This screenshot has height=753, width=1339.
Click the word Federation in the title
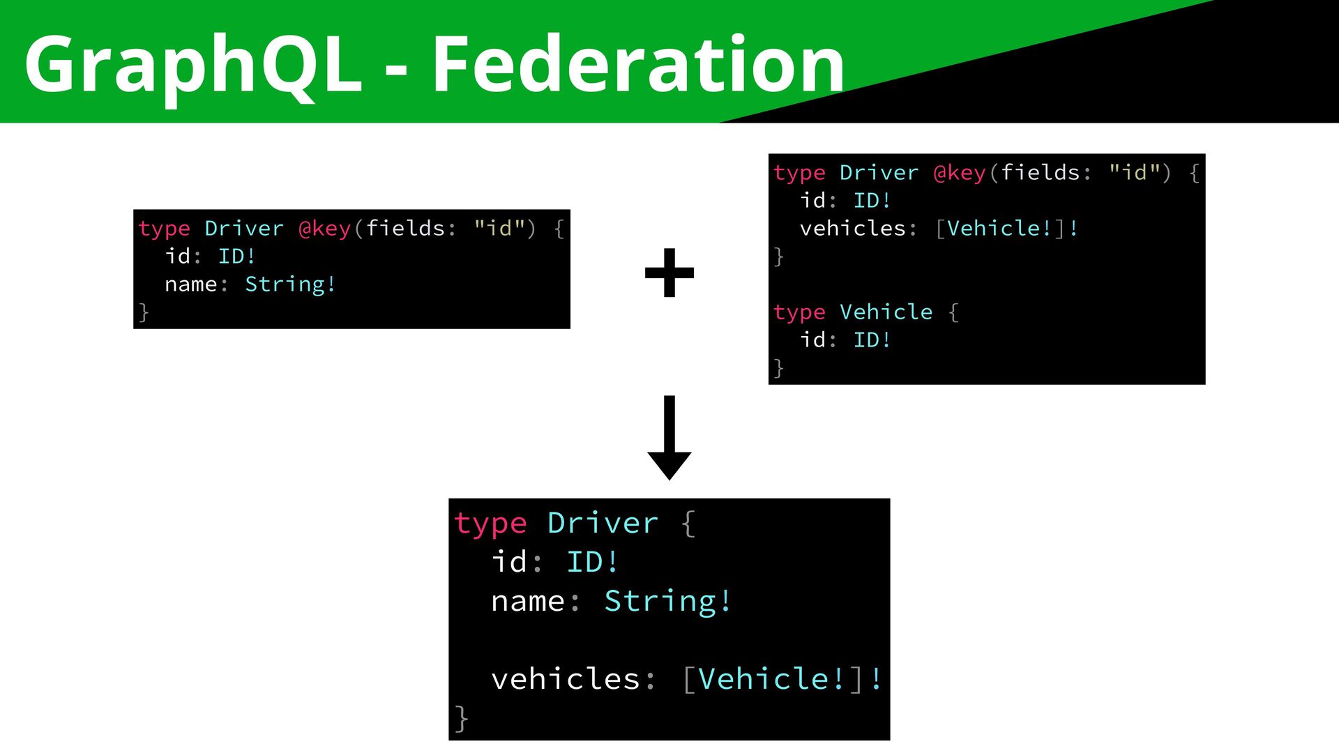coord(637,65)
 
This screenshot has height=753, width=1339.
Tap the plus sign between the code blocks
coord(669,273)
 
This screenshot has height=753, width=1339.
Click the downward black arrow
coord(669,438)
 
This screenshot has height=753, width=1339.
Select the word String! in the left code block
coord(290,284)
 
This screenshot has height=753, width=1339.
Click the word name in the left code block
coord(190,284)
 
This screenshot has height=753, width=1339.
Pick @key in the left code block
coord(324,229)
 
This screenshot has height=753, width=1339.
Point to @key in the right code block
coord(960,173)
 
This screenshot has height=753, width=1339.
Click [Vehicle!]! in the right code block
coord(1006,229)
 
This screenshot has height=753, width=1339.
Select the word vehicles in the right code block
coord(852,229)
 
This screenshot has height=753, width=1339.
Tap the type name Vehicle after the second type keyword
coord(886,312)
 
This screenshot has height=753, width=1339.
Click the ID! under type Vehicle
coord(872,340)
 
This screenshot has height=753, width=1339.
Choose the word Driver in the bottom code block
coord(603,524)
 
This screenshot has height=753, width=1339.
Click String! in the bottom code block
coord(667,601)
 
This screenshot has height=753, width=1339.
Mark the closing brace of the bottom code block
coord(461,718)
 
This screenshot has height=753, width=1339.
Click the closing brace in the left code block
coord(144,312)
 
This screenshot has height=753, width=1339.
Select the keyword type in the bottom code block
coord(490,524)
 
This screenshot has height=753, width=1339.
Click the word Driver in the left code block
coord(244,229)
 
